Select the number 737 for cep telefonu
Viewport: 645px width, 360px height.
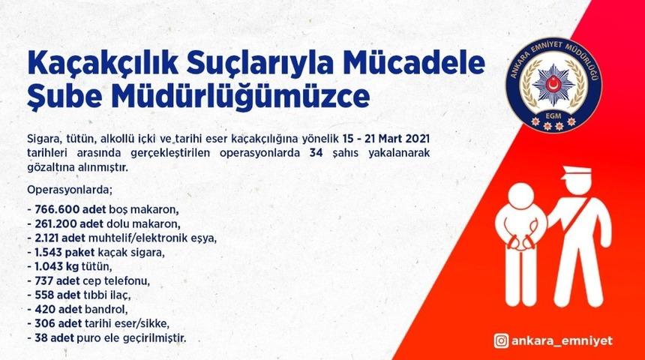pos(42,281)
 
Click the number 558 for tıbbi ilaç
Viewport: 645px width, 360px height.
pos(43,295)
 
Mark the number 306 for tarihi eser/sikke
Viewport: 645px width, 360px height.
pos(43,324)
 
